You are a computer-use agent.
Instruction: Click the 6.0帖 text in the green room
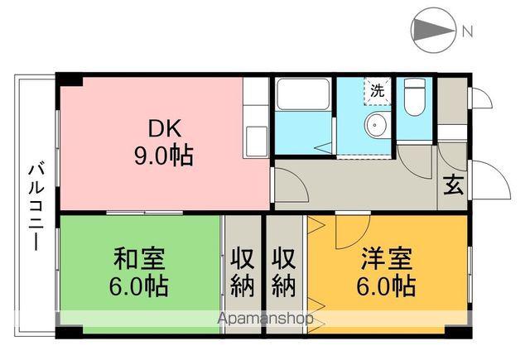[x=138, y=286]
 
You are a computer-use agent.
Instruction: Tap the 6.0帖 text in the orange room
[x=387, y=286]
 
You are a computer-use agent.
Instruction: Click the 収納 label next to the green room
[x=242, y=271]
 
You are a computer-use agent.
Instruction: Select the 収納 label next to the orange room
[x=284, y=271]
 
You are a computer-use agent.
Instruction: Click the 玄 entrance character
[x=455, y=185]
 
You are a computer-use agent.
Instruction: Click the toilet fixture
[x=412, y=97]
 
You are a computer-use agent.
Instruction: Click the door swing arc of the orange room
[x=344, y=232]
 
